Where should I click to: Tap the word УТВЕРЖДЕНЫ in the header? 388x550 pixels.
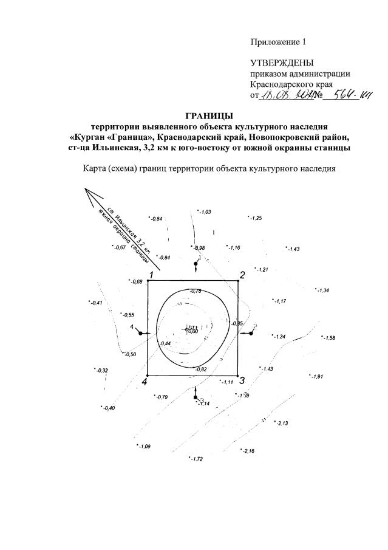click(282, 63)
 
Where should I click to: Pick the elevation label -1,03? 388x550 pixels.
click(205, 212)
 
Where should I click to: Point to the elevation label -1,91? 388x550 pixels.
click(317, 377)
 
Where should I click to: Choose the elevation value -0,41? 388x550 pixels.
click(96, 303)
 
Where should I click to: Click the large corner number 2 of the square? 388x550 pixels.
click(242, 275)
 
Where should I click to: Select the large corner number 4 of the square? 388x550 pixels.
click(145, 382)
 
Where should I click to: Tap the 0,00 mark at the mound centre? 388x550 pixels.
click(193, 331)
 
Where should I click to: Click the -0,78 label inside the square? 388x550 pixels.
click(196, 292)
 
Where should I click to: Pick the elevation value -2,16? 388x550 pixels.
click(248, 451)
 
